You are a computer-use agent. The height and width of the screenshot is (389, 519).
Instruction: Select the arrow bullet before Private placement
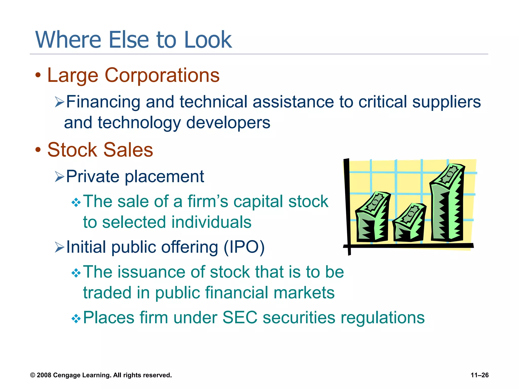click(x=60, y=177)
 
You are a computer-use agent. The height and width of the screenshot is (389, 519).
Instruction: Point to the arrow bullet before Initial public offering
click(x=60, y=247)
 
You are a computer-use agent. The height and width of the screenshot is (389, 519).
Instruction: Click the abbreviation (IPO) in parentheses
click(x=244, y=247)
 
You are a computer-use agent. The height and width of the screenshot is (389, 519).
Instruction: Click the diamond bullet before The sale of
click(x=76, y=202)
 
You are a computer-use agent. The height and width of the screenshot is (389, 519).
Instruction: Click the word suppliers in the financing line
click(x=446, y=102)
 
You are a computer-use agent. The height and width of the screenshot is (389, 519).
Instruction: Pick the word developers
click(x=228, y=123)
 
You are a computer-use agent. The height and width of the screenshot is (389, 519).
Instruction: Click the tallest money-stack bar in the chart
click(x=447, y=203)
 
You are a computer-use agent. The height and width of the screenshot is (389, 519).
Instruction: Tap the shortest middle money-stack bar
click(x=409, y=223)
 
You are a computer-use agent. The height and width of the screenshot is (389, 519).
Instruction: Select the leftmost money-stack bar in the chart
click(x=372, y=218)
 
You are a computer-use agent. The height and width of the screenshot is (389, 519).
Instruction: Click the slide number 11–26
click(x=479, y=375)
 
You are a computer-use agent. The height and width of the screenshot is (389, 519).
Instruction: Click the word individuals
click(x=211, y=222)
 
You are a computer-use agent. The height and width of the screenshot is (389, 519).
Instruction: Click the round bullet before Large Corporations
click(x=38, y=75)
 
